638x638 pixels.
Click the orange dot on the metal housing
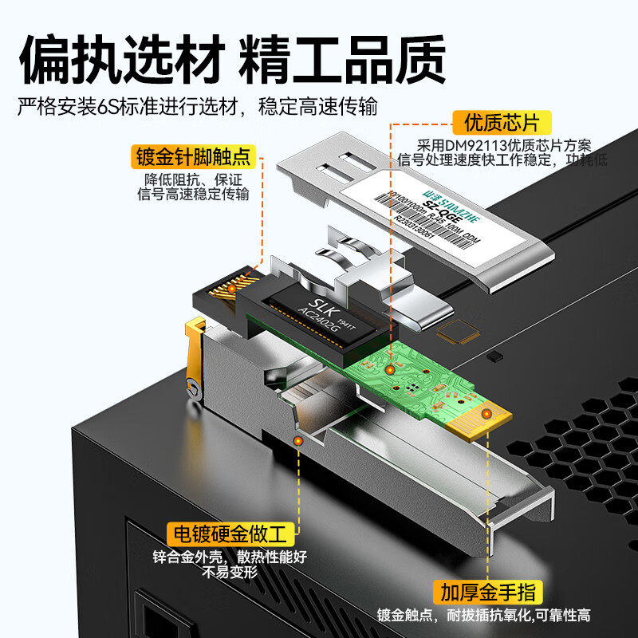298,440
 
